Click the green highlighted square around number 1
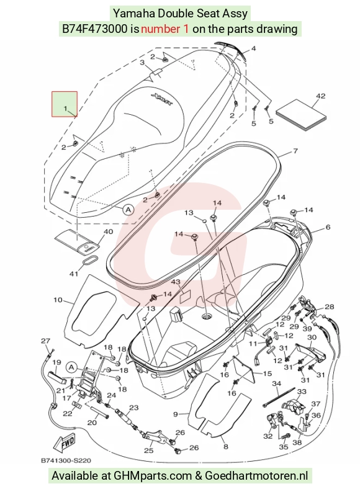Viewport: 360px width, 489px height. pos(65,104)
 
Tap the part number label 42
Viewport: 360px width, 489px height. pos(320,96)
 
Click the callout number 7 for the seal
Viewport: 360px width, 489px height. pos(295,151)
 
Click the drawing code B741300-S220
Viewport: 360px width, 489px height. pos(66,460)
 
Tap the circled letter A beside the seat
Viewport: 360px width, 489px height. pos(128,210)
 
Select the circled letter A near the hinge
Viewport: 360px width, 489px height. pos(71,367)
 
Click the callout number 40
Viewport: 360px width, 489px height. pos(108,231)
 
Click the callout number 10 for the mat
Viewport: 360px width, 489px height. pos(58,300)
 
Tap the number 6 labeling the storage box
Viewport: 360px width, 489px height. pos(328,227)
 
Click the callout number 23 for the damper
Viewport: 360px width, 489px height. pos(133,407)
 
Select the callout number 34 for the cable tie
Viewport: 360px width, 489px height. pos(276,384)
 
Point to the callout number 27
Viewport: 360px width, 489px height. pos(45,341)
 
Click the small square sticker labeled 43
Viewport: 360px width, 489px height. pos(186,295)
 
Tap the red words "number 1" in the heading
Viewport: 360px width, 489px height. pos(164,29)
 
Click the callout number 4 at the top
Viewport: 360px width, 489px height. pos(253,48)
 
